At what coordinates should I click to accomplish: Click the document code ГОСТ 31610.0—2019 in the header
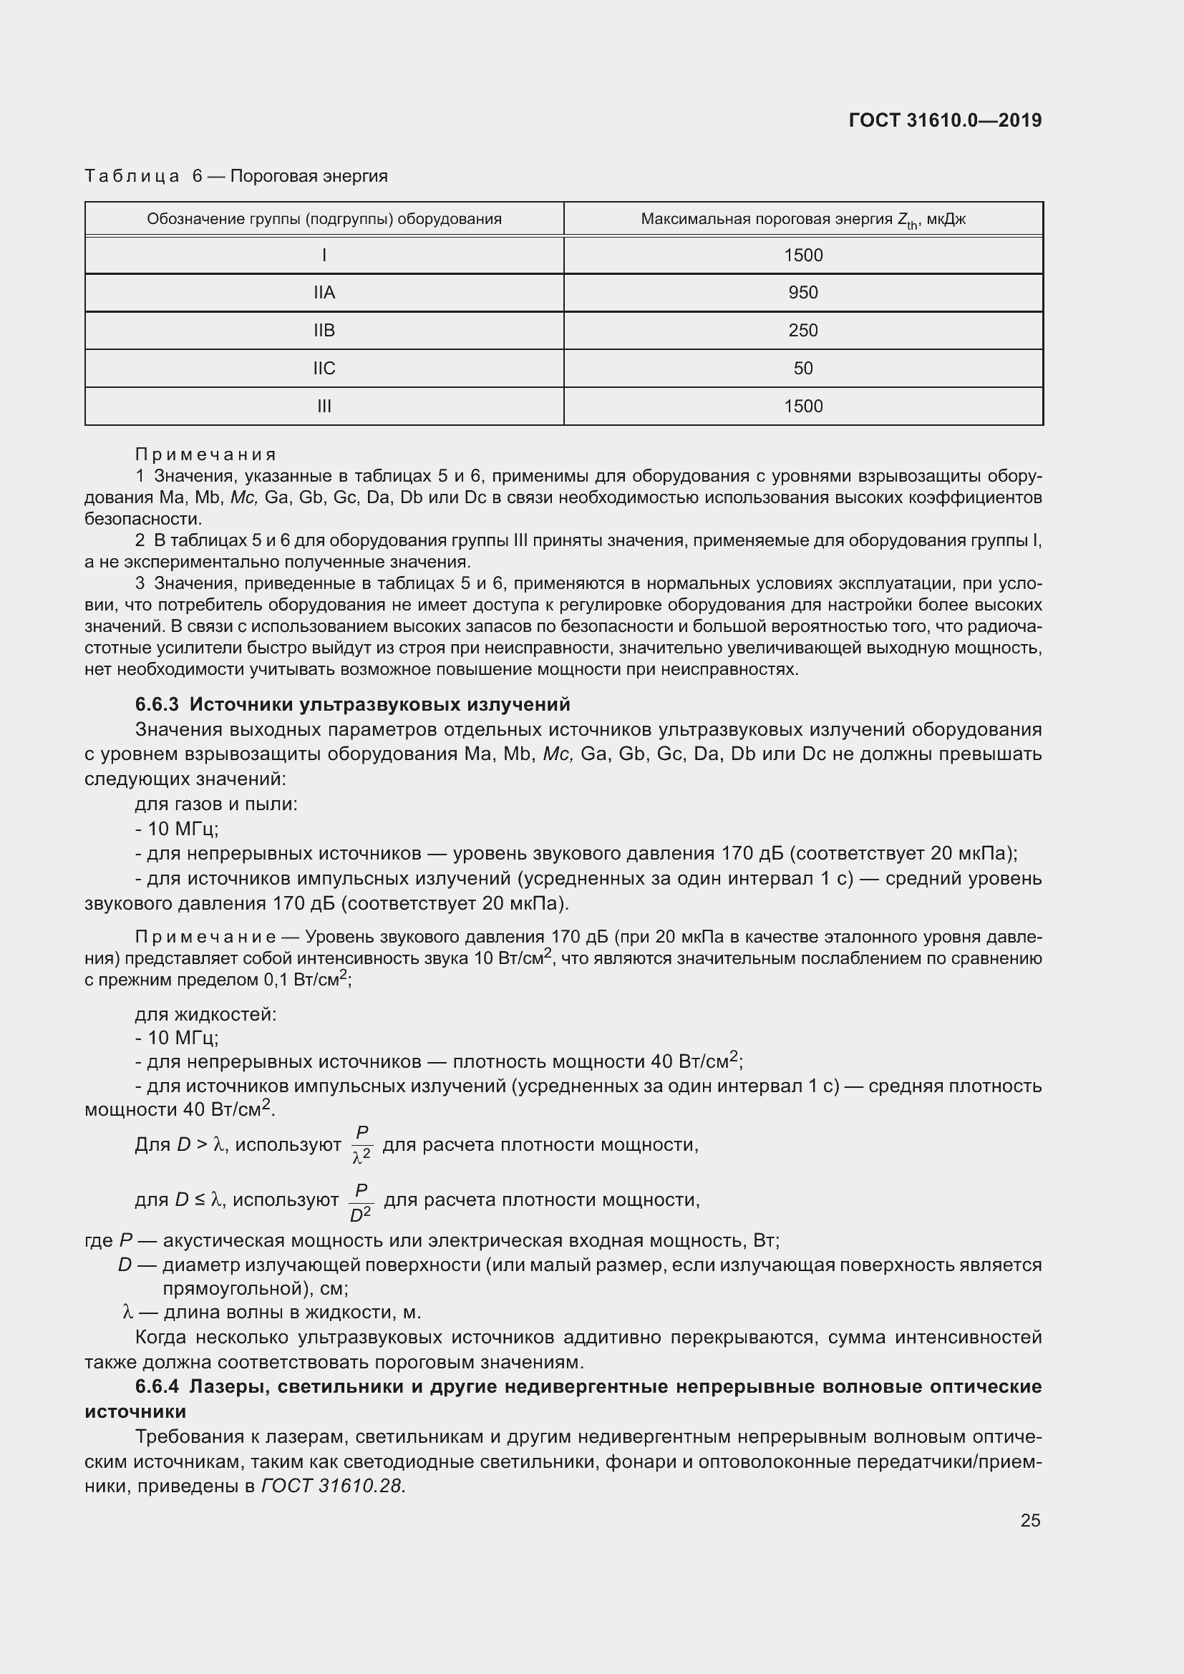point(945,120)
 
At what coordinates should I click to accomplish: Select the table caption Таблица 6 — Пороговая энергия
point(236,176)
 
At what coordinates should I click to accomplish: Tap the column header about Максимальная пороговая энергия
point(802,219)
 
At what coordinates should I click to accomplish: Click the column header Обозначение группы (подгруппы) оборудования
point(324,219)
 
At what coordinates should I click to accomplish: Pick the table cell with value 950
point(802,293)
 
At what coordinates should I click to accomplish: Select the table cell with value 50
point(802,368)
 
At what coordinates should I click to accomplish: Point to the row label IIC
point(324,368)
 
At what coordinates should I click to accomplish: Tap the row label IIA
point(324,293)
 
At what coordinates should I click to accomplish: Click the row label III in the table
point(324,406)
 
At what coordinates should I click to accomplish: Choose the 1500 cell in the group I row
point(802,256)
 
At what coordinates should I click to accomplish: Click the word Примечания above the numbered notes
point(205,454)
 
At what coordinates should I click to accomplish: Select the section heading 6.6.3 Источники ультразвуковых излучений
point(352,704)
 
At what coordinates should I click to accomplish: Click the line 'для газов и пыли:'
point(215,804)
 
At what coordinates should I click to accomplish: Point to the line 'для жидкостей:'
point(205,1014)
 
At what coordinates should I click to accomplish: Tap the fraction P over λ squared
point(361,1144)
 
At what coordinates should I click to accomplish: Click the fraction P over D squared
point(361,1202)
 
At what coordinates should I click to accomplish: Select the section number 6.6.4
point(157,1386)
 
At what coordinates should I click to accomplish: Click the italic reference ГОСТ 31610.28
point(331,1485)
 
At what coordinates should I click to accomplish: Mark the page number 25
point(1029,1520)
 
